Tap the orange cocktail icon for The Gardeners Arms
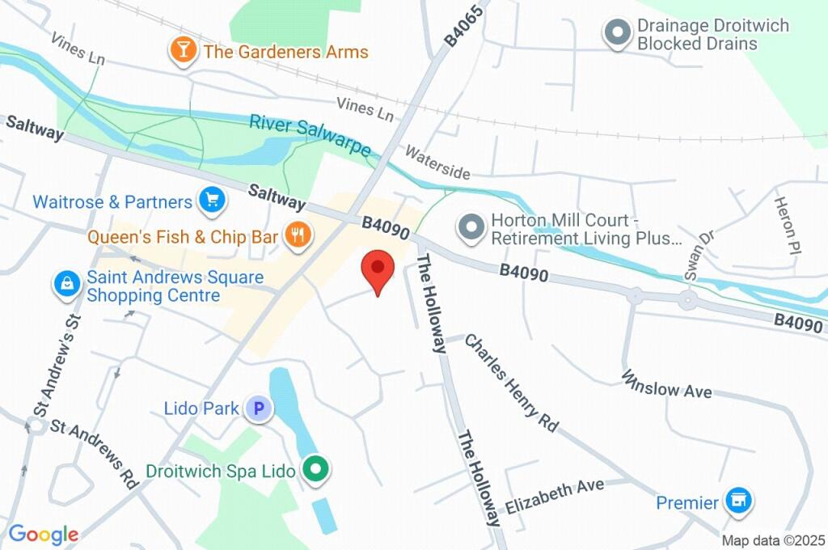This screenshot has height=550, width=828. coord(184,51)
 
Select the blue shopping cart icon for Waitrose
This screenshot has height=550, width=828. coord(211,201)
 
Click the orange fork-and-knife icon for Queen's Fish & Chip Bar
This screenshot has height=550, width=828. coord(298,236)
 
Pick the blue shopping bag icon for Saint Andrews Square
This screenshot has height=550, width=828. coord(65,285)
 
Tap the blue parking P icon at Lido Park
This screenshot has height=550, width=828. coord(260,409)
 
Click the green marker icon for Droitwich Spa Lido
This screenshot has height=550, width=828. coord(315,469)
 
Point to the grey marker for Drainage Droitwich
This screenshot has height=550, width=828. coord(618,33)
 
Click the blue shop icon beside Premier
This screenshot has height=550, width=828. coord(738,502)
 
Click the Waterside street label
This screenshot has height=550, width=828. coord(437,163)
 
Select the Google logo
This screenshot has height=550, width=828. coord(44,534)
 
